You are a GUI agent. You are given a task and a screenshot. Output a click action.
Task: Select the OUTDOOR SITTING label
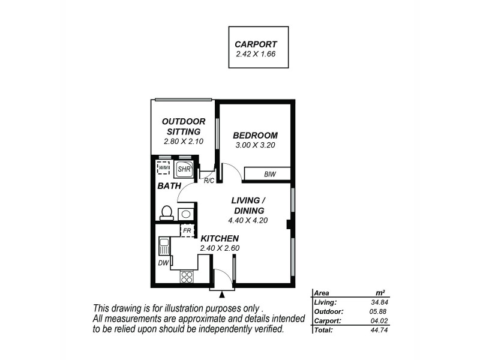184,126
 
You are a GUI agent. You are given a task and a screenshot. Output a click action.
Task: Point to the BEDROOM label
255,135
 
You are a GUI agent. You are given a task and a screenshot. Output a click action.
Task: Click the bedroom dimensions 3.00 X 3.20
255,145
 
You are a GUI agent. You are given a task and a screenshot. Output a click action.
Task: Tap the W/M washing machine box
164,167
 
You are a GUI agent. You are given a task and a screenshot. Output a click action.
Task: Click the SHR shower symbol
184,169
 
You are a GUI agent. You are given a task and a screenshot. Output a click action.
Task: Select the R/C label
209,181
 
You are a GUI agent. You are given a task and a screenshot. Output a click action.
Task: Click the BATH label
169,187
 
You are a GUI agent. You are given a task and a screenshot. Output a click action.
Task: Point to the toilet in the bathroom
166,212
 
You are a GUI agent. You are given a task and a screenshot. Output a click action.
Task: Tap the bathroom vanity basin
187,213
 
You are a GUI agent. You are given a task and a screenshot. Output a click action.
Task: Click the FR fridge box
187,230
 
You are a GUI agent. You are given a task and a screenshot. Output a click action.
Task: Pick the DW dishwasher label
163,263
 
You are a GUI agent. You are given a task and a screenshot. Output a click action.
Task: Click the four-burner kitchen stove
187,277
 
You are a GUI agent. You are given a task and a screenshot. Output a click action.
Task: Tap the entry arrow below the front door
223,294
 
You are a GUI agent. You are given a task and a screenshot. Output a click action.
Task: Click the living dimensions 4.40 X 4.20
247,220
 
